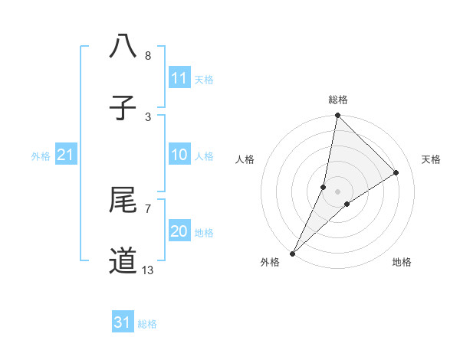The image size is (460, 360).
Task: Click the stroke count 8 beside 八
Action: click(147, 56)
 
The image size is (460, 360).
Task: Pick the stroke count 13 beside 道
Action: click(148, 270)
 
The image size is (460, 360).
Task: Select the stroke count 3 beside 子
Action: click(147, 116)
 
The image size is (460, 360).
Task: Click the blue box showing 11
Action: click(179, 78)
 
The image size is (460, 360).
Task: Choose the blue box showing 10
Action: click(179, 155)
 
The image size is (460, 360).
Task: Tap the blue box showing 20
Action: click(179, 231)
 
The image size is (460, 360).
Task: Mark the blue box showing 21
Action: click(65, 155)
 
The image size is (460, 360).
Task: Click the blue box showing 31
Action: click(123, 322)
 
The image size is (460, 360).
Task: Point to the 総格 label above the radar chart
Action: click(337, 100)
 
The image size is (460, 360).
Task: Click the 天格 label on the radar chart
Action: click(432, 159)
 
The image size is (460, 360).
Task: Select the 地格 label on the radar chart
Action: click(402, 262)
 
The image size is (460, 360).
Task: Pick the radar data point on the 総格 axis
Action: click(337, 115)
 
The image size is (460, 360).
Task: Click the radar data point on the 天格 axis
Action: click(396, 173)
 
